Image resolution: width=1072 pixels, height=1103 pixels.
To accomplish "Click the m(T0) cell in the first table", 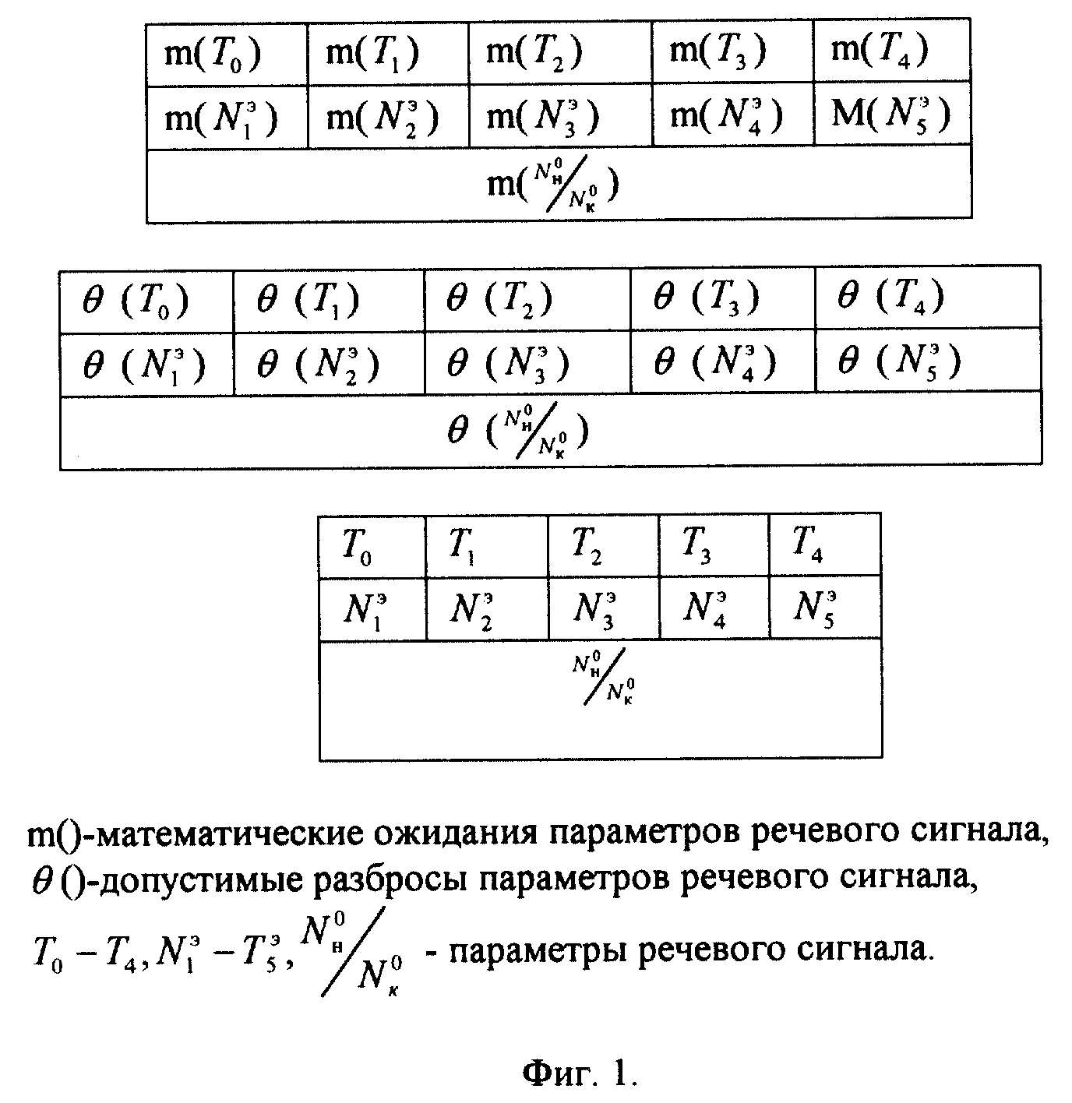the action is click(x=227, y=55).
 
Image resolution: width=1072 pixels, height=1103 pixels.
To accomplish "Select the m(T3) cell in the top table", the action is click(x=732, y=52).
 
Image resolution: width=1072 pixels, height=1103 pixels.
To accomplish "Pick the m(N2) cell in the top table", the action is click(x=388, y=118).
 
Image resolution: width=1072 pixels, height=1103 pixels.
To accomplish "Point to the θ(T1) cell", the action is click(x=329, y=301).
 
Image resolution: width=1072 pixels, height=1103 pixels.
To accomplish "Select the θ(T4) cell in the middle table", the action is click(x=928, y=297).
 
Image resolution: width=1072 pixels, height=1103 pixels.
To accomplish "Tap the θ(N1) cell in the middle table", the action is click(x=146, y=365).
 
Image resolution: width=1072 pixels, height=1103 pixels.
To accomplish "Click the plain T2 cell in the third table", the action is click(x=603, y=545).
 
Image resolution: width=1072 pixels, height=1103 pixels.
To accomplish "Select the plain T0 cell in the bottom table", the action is click(x=372, y=548).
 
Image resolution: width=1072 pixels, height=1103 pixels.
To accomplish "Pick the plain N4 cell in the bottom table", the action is click(x=714, y=607).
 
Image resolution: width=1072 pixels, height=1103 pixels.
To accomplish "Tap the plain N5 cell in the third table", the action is click(x=825, y=606).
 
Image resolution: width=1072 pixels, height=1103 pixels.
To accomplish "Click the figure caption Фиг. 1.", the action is click(x=580, y=1073).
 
